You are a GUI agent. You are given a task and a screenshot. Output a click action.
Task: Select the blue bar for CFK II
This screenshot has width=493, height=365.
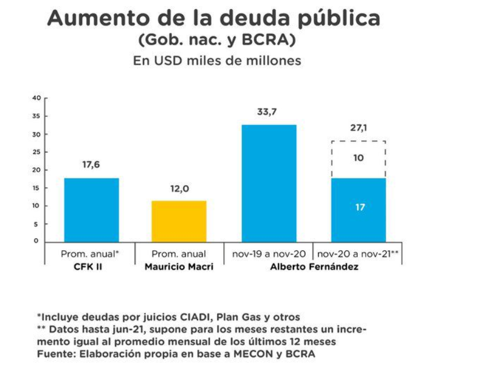tap(92, 210)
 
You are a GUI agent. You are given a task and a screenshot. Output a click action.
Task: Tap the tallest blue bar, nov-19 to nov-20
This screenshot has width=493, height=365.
tap(269, 183)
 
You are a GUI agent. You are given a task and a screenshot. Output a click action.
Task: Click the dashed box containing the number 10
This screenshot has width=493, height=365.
tap(358, 159)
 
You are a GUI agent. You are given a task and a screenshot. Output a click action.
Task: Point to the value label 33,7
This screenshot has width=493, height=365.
tap(267, 112)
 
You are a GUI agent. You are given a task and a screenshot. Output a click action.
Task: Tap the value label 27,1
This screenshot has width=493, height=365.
tap(358, 128)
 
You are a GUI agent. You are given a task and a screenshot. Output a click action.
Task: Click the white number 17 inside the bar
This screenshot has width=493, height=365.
tap(360, 208)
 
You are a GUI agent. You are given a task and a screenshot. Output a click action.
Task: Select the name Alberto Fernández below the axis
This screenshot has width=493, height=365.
tap(313, 267)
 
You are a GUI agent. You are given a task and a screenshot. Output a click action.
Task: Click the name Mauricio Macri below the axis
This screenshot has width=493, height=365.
tap(179, 267)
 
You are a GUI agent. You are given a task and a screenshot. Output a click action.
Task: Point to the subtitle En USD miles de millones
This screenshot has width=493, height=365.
tap(217, 61)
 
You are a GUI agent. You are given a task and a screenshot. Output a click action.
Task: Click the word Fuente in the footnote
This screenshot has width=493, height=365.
tap(53, 354)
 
